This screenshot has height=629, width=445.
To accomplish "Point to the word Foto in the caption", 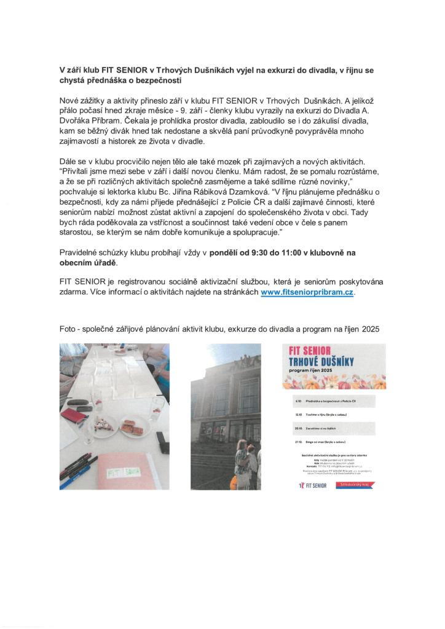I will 69,329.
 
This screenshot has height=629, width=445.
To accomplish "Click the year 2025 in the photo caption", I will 371,329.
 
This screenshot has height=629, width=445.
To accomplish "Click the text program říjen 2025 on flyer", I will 325,374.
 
